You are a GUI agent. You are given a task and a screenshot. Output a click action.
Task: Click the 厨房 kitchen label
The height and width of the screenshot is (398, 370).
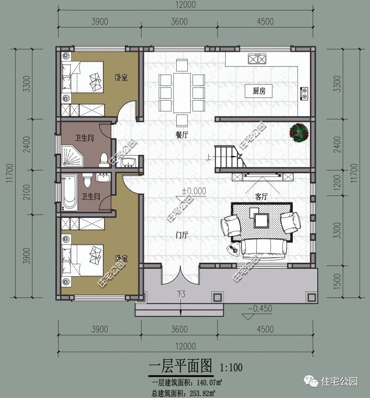point(259,91)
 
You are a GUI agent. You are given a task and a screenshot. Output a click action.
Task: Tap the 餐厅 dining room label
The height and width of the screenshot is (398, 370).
point(182,134)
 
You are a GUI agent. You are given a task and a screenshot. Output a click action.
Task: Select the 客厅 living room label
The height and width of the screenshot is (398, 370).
point(262,196)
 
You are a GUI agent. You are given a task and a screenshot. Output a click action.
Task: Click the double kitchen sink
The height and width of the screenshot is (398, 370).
point(257,59)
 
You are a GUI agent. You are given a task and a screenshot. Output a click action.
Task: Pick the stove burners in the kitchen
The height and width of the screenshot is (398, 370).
point(304,93)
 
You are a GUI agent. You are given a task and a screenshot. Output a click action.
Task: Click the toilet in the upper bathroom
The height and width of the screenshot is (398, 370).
point(104,159)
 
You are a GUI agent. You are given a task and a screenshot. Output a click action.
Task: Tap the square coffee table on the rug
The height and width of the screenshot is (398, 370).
point(262,220)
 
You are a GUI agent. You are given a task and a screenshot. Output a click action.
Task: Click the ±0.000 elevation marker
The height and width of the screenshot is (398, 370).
point(194,191)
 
